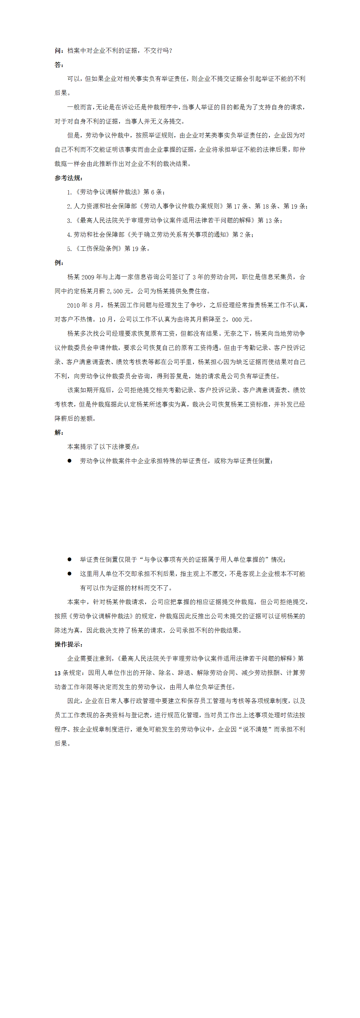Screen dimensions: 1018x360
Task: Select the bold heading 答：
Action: tap(59, 65)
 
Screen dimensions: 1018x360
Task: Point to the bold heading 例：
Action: tap(59, 263)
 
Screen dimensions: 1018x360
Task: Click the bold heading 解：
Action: tap(59, 432)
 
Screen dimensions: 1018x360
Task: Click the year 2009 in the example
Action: tap(88, 277)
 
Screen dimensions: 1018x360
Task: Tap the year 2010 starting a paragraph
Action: tap(73, 305)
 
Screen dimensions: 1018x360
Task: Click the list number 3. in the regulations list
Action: tap(70, 221)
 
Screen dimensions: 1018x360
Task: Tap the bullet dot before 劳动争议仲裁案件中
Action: tap(70, 461)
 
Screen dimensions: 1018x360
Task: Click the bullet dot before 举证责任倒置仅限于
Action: tap(70, 559)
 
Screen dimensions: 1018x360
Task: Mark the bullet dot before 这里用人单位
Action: tap(70, 574)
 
